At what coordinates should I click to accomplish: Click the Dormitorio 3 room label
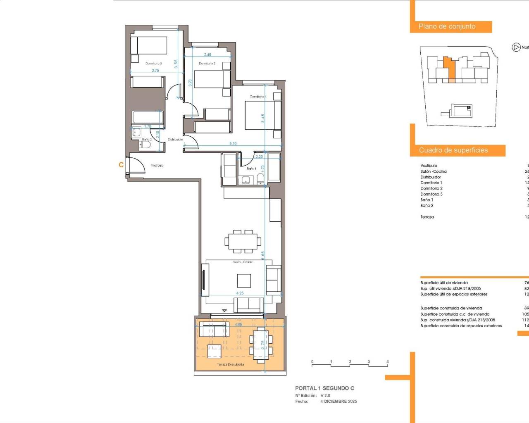pyautogui.click(x=153, y=64)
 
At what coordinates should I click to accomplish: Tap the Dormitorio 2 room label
pyautogui.click(x=207, y=64)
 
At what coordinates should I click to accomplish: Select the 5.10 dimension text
pyautogui.click(x=233, y=144)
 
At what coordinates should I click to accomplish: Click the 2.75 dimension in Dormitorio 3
pyautogui.click(x=155, y=71)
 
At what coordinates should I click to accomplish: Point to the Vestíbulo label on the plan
pyautogui.click(x=157, y=165)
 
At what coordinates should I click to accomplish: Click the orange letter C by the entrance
pyautogui.click(x=121, y=165)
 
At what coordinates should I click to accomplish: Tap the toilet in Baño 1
pyautogui.click(x=260, y=178)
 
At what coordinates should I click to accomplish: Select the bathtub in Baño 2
pyautogui.click(x=148, y=117)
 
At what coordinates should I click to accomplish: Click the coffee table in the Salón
pyautogui.click(x=244, y=281)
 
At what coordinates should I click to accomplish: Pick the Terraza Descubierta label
pyautogui.click(x=230, y=364)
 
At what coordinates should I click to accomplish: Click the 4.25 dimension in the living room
pyautogui.click(x=240, y=293)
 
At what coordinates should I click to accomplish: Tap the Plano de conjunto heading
pyautogui.click(x=447, y=26)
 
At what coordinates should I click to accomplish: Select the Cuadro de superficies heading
pyautogui.click(x=453, y=150)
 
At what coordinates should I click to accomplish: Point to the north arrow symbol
pyautogui.click(x=516, y=47)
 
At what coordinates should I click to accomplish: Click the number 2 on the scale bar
pyautogui.click(x=350, y=362)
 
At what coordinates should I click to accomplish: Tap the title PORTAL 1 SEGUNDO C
pyautogui.click(x=324, y=388)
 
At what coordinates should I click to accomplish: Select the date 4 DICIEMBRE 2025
pyautogui.click(x=338, y=402)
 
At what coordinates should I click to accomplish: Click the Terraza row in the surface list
pyautogui.click(x=427, y=217)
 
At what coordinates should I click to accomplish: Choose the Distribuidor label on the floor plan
pyautogui.click(x=175, y=140)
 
